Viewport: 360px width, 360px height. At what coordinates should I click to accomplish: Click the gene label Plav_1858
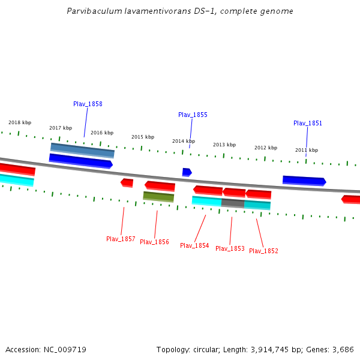[88, 104]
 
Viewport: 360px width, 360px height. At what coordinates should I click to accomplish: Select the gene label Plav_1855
[193, 115]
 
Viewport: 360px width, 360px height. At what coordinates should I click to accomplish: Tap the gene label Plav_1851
[308, 124]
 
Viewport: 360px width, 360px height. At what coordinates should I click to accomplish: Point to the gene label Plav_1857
[121, 239]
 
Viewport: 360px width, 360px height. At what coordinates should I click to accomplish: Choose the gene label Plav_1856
[154, 242]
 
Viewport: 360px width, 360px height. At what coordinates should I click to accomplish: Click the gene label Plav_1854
[194, 246]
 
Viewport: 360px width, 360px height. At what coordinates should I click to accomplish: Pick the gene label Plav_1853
[230, 249]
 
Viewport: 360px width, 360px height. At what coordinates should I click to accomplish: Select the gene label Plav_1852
[263, 251]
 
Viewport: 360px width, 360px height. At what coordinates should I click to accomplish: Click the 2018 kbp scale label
[20, 122]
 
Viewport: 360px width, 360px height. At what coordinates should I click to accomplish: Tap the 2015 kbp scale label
[143, 137]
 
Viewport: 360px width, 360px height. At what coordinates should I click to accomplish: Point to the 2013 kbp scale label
[224, 145]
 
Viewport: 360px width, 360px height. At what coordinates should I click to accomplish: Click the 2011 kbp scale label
[307, 151]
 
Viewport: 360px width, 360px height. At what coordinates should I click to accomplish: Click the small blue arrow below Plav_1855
[187, 172]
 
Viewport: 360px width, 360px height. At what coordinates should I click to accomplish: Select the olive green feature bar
[158, 197]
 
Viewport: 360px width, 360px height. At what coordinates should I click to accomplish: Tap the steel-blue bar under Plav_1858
[82, 150]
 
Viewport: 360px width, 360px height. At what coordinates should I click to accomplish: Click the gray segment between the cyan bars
[233, 203]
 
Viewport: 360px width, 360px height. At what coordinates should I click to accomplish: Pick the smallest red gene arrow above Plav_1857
[127, 182]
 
